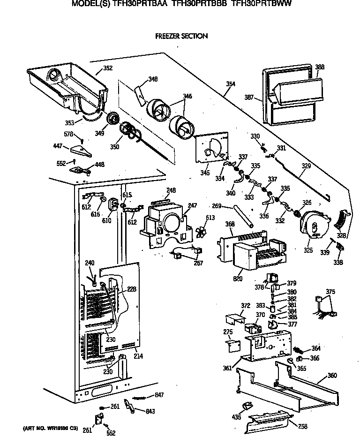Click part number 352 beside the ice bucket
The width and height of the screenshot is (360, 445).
click(108, 68)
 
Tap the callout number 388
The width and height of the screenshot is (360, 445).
click(320, 68)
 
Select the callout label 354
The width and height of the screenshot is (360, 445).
click(230, 84)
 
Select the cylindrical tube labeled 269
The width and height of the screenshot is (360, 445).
click(245, 216)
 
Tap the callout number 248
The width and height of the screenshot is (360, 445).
click(171, 190)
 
